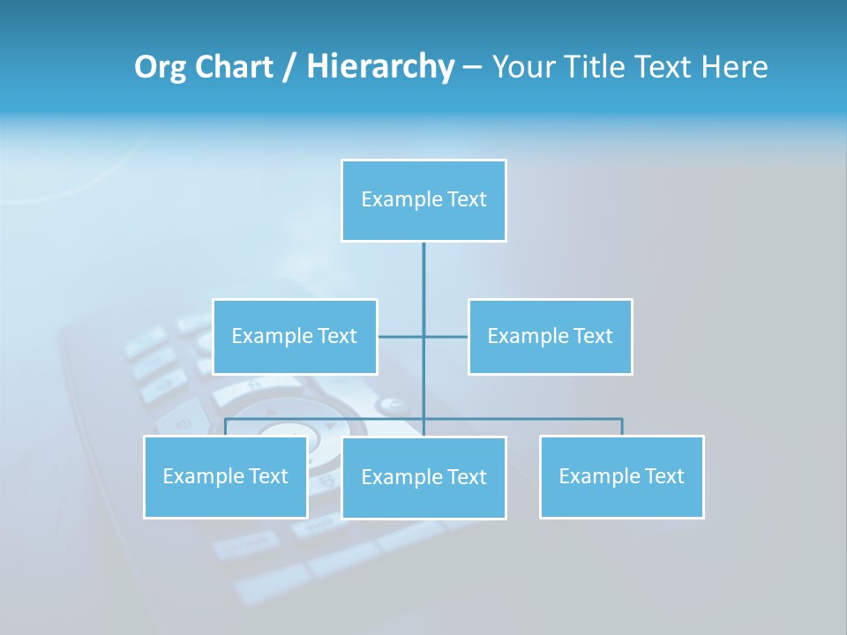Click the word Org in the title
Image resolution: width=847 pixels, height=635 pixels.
coord(161,67)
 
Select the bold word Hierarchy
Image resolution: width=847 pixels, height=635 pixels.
coord(380,67)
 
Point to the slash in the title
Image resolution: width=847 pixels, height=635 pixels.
coord(289,68)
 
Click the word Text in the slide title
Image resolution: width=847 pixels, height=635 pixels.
coord(666,67)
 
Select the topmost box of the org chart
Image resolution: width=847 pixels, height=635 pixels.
coord(423,200)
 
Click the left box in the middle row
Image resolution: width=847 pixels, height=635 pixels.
coord(295,337)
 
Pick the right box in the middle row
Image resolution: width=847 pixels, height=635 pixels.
coord(551,337)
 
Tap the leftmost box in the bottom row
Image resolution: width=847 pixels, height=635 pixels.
coord(226,477)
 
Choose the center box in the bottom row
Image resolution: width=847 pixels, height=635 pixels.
coord(423,478)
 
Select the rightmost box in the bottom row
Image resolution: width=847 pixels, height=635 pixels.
coord(622,477)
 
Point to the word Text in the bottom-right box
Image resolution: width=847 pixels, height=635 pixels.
coord(663,477)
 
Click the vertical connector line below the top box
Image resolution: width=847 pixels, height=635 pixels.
coord(423,273)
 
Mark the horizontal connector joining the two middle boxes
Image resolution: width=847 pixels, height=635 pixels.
coord(446,337)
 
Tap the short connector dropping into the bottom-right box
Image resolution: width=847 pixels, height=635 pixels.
coord(622,427)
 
